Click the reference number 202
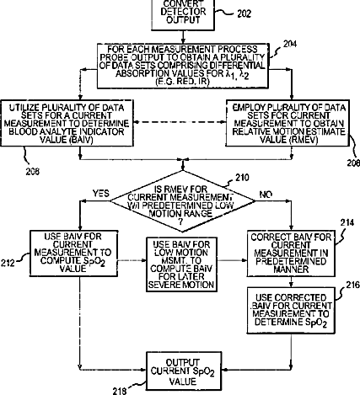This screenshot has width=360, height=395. point(244,13)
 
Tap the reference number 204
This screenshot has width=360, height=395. point(290,44)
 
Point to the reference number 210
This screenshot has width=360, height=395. point(242,178)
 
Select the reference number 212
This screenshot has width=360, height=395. point(8,263)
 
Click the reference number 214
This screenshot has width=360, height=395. point(347,222)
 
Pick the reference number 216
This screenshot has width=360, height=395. point(352,285)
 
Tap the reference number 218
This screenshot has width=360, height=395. point(120,391)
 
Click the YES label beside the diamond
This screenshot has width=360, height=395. point(101,194)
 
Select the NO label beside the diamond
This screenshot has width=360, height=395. point(266,195)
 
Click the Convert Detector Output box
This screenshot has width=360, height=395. point(183,14)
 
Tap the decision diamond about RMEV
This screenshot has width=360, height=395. point(183,201)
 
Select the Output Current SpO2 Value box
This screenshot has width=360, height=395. point(183,371)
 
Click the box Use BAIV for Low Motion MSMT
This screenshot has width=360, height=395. point(181,264)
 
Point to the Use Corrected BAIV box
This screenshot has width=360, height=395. point(291,310)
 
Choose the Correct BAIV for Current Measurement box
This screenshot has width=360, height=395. point(291,254)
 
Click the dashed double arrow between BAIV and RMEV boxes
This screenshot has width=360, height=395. point(180,122)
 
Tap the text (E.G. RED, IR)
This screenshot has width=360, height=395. point(183,82)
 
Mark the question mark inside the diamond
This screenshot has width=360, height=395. point(180,222)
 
